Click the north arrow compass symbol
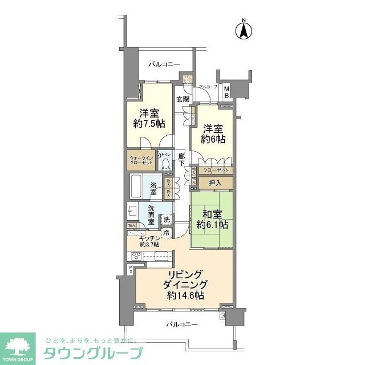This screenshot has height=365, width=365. (244, 30)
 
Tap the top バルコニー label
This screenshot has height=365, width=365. (164, 64)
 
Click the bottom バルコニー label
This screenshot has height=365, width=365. (182, 324)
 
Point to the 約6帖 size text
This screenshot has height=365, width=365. (213, 139)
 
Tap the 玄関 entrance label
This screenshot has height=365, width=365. (182, 99)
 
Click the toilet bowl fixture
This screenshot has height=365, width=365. (165, 164)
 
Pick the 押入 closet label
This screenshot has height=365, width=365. (216, 182)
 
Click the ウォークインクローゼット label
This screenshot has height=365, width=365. (141, 160)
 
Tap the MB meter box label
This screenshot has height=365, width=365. (226, 91)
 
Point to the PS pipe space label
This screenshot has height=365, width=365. (131, 270)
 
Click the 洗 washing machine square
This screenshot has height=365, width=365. (166, 219)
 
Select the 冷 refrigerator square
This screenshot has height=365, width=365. (166, 233)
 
